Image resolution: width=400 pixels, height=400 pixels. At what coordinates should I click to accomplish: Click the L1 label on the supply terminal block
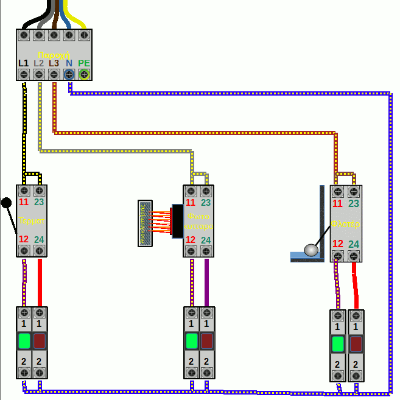tap(24, 63)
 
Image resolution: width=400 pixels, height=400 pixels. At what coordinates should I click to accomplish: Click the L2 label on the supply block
tap(39, 63)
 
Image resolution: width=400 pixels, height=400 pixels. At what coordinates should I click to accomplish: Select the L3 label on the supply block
tap(54, 63)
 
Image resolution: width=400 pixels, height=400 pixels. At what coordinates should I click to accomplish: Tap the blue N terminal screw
tap(69, 74)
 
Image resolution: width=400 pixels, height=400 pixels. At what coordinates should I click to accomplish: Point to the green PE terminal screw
tap(84, 74)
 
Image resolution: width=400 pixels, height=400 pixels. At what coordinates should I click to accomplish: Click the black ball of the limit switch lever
tap(7, 203)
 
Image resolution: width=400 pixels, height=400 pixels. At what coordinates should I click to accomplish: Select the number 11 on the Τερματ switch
tap(24, 202)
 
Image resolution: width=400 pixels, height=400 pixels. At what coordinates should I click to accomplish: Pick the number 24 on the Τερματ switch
tap(40, 239)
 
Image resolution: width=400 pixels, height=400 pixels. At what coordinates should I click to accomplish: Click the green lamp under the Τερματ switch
tap(24, 339)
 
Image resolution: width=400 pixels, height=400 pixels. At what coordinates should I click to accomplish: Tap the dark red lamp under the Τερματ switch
tap(40, 339)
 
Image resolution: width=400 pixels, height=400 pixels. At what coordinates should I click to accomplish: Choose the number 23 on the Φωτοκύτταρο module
tap(206, 202)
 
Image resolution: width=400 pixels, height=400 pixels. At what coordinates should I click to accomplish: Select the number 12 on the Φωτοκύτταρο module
tap(191, 240)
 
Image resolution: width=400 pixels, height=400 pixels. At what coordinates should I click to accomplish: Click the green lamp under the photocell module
tap(191, 340)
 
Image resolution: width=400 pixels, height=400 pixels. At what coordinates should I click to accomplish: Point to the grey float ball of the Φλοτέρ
tap(311, 249)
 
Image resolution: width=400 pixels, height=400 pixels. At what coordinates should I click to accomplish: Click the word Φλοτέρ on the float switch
tap(346, 224)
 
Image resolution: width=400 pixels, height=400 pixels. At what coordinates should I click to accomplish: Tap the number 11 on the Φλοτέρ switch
tap(338, 204)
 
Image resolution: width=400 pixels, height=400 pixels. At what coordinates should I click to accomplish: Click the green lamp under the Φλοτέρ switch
tap(337, 344)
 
